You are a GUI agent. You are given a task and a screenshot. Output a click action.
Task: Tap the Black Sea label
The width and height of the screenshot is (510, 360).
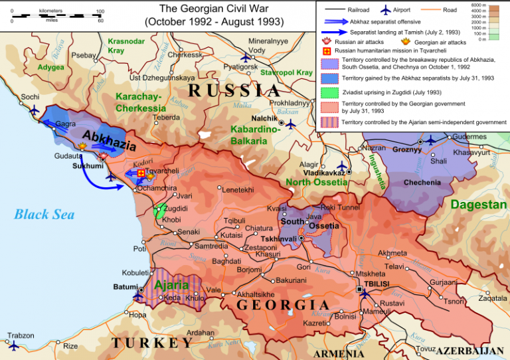click(44, 214)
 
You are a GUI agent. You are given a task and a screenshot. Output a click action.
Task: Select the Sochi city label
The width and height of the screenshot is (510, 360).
click(30, 96)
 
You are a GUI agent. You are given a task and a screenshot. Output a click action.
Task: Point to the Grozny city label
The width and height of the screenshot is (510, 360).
click(407, 149)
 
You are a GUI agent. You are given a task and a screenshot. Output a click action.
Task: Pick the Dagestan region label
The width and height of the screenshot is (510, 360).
click(478, 205)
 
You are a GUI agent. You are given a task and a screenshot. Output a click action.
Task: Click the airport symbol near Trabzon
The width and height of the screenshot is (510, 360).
click(13, 345)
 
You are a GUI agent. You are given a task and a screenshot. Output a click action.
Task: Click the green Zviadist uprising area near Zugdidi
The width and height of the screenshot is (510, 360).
click(159, 211)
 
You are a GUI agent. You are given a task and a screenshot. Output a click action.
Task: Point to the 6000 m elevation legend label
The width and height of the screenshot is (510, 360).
click(496, 5)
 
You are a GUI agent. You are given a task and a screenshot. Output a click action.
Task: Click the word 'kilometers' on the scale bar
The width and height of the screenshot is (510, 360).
click(52, 11)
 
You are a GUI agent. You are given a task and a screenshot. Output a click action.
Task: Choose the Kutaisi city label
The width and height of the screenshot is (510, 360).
click(231, 235)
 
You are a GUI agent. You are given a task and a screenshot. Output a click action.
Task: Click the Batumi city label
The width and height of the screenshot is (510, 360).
click(126, 286)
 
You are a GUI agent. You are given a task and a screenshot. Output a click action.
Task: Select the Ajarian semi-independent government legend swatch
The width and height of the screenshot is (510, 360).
click(329, 122)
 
